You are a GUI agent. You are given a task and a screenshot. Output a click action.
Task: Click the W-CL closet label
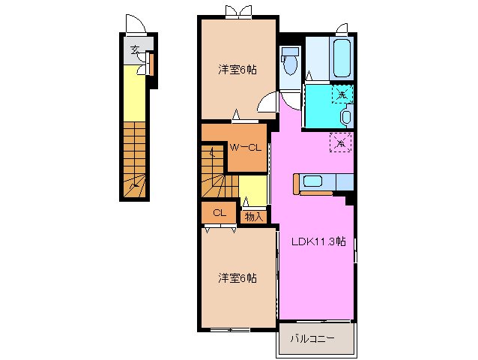[245, 147]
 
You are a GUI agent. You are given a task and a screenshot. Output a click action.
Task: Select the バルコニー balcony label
[315, 338]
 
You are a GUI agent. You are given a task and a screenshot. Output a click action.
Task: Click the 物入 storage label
[253, 216]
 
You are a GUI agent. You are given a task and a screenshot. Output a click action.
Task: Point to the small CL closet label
[219, 213]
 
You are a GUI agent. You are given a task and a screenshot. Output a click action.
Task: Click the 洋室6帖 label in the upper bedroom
[238, 70]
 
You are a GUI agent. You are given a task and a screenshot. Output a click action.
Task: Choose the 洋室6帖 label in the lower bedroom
[238, 277]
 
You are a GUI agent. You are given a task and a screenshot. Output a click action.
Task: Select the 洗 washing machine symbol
[342, 94]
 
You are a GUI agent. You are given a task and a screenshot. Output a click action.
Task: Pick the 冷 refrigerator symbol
[340, 142]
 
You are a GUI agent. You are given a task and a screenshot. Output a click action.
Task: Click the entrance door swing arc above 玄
[132, 25]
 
